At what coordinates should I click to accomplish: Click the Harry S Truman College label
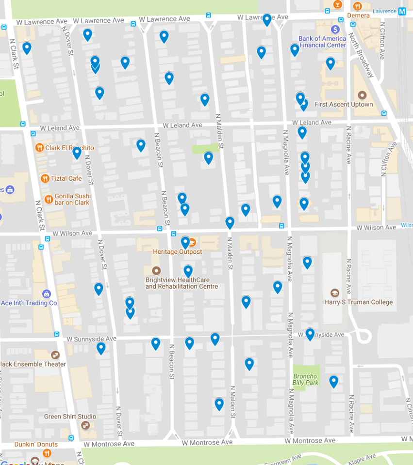[359, 302]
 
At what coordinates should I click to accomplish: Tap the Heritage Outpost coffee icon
[193, 242]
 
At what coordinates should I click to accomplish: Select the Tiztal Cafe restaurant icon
[45, 178]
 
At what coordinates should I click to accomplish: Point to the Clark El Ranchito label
[70, 148]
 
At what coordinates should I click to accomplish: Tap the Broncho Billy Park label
[305, 379]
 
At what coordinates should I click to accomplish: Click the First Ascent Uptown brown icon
[362, 95]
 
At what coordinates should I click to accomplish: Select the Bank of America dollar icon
[335, 30]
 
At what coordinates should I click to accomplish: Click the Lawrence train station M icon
[402, 11]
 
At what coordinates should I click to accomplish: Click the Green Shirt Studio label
[70, 417]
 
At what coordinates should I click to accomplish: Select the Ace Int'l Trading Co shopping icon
[47, 294]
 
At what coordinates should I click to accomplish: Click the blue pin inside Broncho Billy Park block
[333, 381]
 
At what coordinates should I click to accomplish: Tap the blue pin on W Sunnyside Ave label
[310, 334]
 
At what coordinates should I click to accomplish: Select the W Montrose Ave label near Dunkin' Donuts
[109, 444]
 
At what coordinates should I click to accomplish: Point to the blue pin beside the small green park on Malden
[208, 157]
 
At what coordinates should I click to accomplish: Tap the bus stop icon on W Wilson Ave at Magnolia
[282, 226]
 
